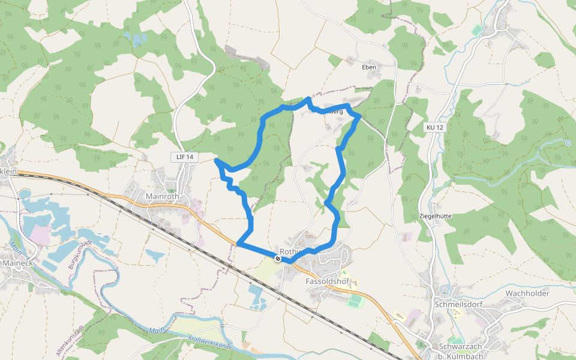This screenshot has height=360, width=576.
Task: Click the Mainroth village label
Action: (x=163, y=196)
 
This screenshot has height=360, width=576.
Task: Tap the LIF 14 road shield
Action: (x=185, y=157)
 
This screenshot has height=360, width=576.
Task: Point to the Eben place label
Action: (x=369, y=67)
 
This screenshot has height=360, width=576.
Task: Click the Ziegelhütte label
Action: (x=435, y=216)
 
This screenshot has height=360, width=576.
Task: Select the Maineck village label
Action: (x=22, y=263)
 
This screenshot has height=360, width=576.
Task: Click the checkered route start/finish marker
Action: (x=277, y=259)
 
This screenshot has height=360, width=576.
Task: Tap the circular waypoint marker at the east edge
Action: (x=568, y=142)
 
